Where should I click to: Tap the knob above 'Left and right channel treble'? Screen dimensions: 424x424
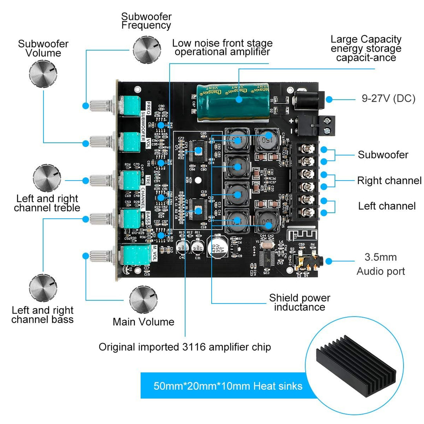[48, 179]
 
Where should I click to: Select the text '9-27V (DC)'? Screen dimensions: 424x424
[388, 98]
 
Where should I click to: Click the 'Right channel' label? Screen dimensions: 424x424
[389, 181]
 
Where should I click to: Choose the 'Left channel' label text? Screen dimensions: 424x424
[386, 206]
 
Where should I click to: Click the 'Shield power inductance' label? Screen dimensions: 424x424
[299, 303]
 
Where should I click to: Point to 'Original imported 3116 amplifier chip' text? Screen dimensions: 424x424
[185, 347]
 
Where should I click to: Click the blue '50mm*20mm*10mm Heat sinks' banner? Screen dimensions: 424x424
[222, 386]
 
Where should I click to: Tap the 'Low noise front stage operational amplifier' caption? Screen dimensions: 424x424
[222, 47]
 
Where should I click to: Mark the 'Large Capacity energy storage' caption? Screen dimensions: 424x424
[366, 48]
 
